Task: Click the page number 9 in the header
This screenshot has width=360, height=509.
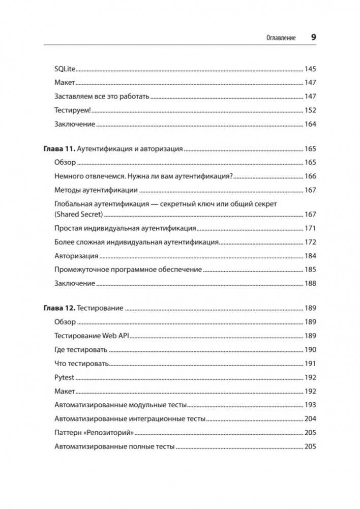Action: (313, 37)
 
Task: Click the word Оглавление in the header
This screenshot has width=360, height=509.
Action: (281, 38)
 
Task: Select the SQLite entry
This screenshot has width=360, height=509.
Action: (64, 68)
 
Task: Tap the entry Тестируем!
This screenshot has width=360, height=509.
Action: (72, 110)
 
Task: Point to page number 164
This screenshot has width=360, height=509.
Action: (310, 124)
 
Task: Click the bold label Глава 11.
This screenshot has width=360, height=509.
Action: (58, 149)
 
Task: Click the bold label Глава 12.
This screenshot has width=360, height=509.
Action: (58, 308)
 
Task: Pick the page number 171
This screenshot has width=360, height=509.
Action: (310, 228)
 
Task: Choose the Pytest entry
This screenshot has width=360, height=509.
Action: (64, 377)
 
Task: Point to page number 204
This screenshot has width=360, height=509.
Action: (310, 419)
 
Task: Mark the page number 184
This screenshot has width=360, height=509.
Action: (310, 256)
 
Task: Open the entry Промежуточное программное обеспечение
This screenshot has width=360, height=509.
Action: (128, 270)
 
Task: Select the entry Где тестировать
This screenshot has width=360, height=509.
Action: (80, 350)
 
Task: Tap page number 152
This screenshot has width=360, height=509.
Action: (310, 110)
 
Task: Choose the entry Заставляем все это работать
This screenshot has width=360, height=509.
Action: (101, 96)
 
